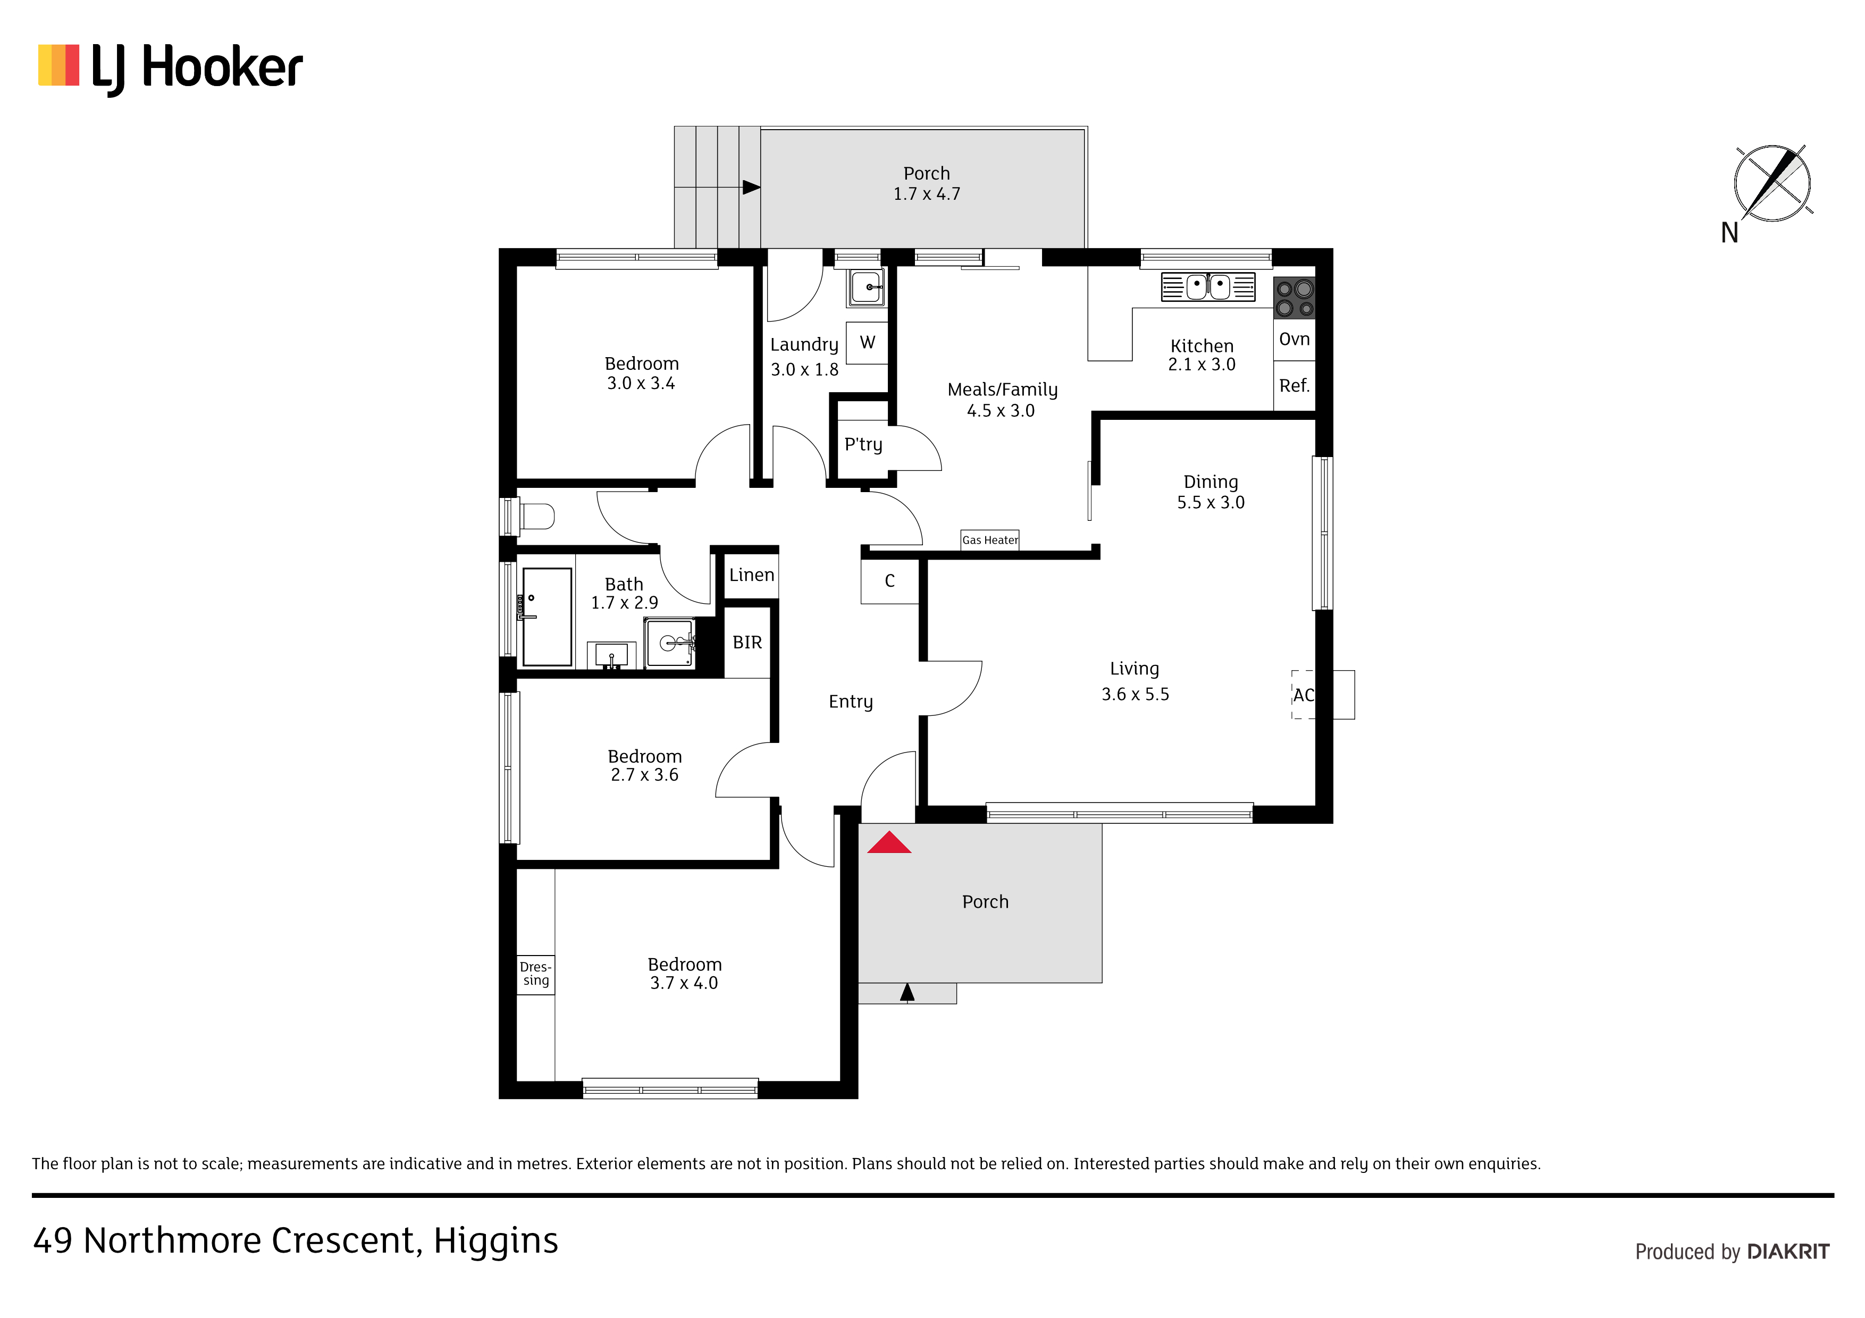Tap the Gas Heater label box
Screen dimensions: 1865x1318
pos(989,540)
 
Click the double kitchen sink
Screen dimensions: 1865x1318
pos(1208,286)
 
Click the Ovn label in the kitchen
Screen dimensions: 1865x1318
pos(1294,340)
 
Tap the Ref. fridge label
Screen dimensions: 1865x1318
pos(1294,386)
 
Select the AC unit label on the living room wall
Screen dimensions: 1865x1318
pos(1303,695)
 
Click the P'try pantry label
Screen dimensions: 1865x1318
pos(863,445)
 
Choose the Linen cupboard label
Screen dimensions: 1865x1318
pos(751,575)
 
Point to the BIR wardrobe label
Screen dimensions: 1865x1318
pos(747,643)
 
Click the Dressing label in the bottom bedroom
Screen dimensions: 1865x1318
pos(535,974)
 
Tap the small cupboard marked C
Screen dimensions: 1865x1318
pos(889,581)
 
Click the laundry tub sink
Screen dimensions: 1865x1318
pos(867,288)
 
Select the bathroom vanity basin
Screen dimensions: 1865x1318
pos(670,643)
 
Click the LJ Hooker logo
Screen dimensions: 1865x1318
pos(171,68)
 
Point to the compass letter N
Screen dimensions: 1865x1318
pos(1729,233)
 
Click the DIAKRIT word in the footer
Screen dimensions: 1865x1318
pos(1788,1252)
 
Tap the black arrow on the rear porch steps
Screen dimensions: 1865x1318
pos(751,188)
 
